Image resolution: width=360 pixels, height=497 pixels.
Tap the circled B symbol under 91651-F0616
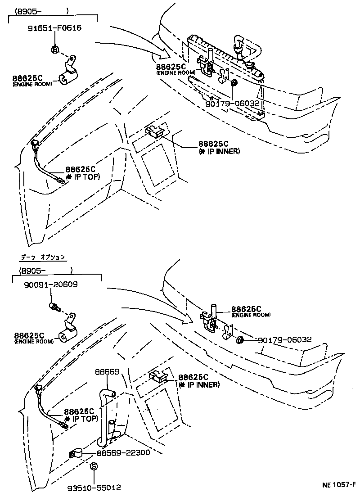[54, 49]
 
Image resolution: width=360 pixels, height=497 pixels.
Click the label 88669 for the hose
[107, 372]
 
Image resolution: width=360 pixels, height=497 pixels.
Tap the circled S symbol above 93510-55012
[94, 466]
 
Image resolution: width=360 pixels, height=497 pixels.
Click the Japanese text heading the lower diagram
[43, 258]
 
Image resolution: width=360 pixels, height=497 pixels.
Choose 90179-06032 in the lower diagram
[284, 339]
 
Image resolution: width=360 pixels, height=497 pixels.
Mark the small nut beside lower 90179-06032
[240, 340]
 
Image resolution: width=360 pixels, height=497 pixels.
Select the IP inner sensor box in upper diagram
[156, 131]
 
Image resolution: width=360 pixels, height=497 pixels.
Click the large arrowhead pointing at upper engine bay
[162, 56]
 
